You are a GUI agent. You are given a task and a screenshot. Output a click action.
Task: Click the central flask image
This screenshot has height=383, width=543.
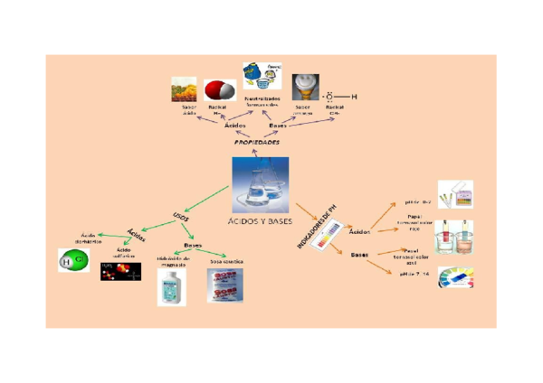tap(261, 185)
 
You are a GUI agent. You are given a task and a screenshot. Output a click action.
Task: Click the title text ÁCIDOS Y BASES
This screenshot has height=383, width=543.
tap(261, 221)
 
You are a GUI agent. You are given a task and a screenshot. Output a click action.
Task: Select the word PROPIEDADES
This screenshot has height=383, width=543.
tap(257, 143)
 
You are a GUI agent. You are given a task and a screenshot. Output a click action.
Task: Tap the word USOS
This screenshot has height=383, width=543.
tap(180, 216)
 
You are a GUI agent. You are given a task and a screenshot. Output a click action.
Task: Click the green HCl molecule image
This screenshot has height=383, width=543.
tap(72, 261)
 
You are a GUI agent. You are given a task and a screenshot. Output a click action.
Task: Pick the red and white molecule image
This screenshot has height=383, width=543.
tap(217, 90)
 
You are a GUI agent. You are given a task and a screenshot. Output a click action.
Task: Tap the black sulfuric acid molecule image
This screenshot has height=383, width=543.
tap(120, 271)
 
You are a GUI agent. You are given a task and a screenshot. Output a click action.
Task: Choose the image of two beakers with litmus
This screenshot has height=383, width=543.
tap(453, 237)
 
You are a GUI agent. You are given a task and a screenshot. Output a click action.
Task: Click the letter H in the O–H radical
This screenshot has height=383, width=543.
tap(354, 97)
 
